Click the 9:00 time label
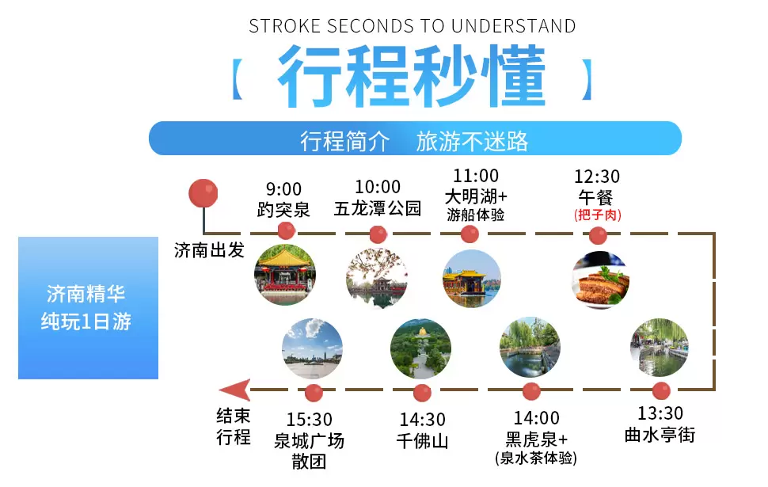(x=283, y=189)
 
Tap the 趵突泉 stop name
(x=283, y=210)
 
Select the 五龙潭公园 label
(x=378, y=208)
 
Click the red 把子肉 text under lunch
(x=598, y=215)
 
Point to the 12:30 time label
(x=597, y=177)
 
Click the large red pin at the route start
(x=203, y=193)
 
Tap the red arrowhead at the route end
(x=235, y=390)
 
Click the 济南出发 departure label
(x=209, y=250)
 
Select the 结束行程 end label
(x=234, y=426)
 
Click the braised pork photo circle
(x=600, y=280)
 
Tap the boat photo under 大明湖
(x=472, y=278)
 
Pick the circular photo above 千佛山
(x=420, y=348)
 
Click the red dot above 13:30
(x=661, y=391)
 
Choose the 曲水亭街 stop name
(x=660, y=435)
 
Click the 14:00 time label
(x=536, y=418)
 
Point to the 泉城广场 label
(x=309, y=441)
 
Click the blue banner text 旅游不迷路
(x=472, y=141)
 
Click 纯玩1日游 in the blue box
(x=86, y=321)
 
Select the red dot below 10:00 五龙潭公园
(x=378, y=234)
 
